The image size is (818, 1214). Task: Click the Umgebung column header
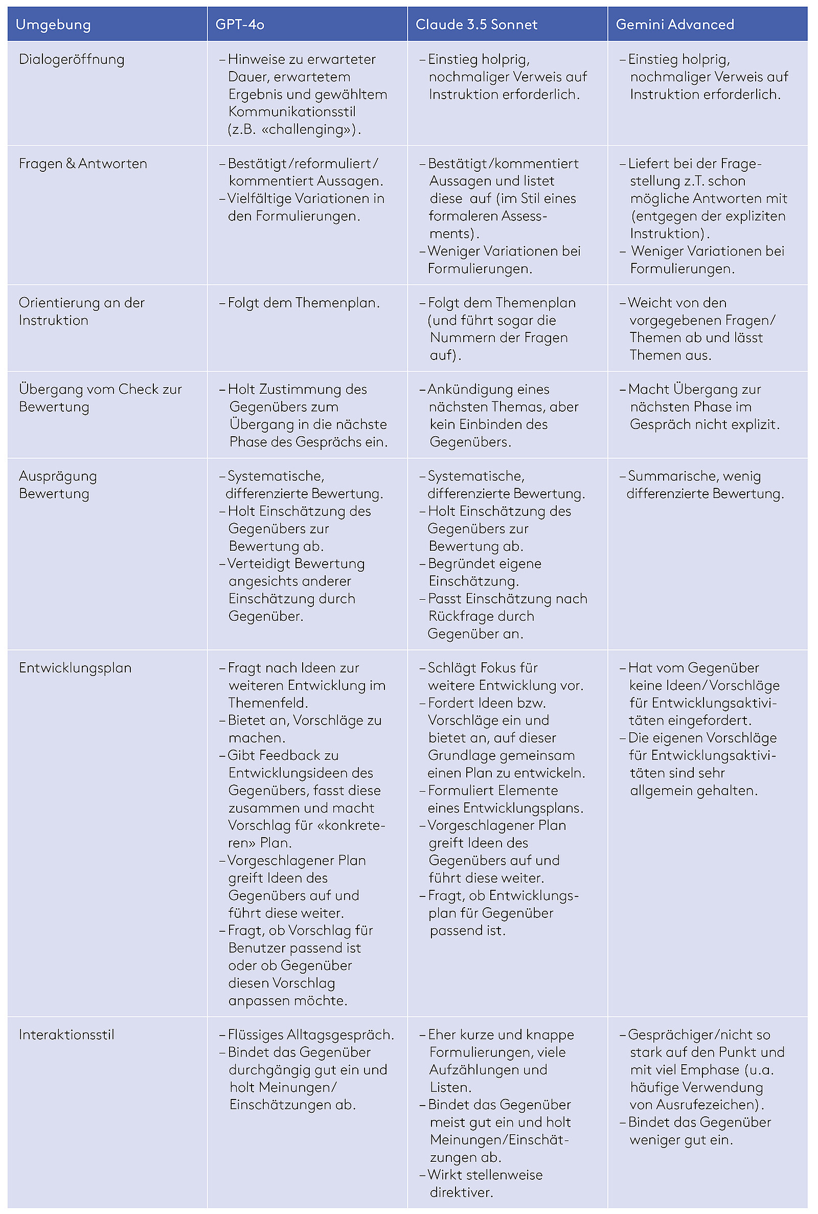point(53,25)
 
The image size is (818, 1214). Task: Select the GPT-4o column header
point(240,25)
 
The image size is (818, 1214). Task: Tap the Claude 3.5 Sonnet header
point(476,25)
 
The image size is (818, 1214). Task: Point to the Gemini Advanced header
point(674,25)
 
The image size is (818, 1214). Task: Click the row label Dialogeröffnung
point(72,59)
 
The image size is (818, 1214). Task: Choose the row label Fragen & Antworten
point(83,164)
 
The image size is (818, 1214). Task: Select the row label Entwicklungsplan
point(75,668)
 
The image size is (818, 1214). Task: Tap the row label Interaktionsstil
point(66,1035)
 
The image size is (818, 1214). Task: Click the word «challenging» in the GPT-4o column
point(306,129)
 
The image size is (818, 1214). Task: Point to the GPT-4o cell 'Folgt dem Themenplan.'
point(304,303)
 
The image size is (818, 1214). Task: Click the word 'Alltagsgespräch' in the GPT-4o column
point(334,1035)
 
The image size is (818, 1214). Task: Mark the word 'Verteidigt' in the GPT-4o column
point(259,564)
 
